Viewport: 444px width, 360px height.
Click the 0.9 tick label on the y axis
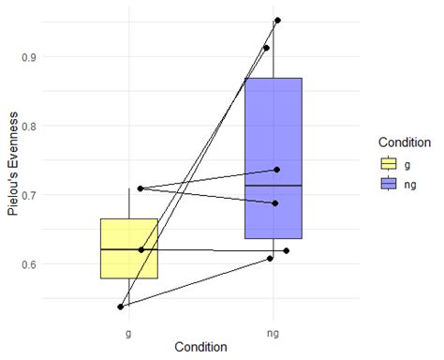pos(56,56)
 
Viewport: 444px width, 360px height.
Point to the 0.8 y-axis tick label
pos(56,126)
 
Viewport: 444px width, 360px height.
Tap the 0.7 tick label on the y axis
pos(56,195)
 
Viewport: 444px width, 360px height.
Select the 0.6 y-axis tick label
pos(56,264)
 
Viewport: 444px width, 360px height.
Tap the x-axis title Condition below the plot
pos(200,347)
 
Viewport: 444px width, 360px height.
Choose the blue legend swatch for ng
pos(388,184)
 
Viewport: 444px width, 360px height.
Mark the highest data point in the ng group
pos(277,20)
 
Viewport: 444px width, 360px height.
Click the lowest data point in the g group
pos(121,307)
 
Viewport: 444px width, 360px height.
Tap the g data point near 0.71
pos(140,188)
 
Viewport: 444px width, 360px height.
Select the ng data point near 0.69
pos(275,203)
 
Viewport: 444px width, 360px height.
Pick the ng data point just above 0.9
pos(266,48)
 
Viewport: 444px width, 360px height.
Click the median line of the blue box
pos(274,186)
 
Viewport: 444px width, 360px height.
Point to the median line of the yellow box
pos(129,249)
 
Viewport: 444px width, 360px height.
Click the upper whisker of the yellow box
pos(129,203)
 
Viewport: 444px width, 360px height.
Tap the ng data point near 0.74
pos(276,170)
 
